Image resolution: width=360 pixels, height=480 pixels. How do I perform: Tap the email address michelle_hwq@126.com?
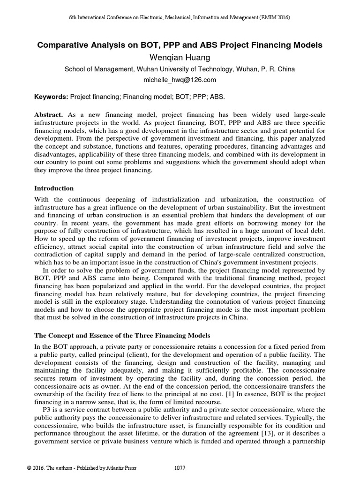tap(180, 80)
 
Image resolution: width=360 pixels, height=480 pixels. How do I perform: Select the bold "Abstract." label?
tap(49, 115)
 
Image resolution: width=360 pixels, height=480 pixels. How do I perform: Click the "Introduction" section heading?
tap(54, 188)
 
